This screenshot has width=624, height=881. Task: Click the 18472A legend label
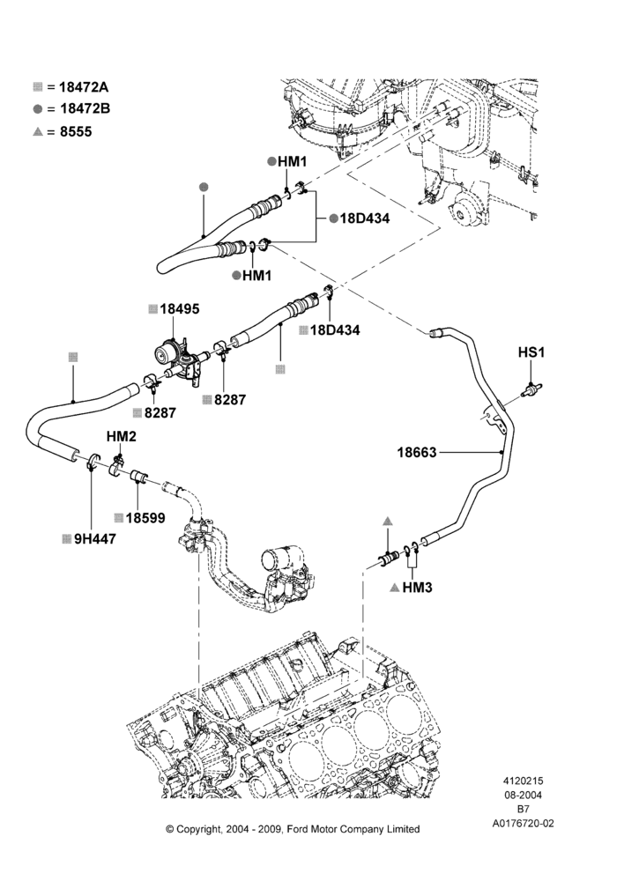[84, 86]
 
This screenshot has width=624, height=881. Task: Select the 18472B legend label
[85, 108]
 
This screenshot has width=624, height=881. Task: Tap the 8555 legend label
[76, 131]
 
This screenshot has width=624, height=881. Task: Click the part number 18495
[179, 308]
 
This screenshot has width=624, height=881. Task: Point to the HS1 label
[531, 352]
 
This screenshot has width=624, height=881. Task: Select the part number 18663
[417, 452]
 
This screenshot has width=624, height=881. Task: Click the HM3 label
[417, 588]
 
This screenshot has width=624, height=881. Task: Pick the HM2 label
[122, 436]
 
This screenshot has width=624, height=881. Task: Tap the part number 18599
[145, 517]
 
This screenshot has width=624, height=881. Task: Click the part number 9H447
[95, 539]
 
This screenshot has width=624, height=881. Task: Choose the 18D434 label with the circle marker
[364, 218]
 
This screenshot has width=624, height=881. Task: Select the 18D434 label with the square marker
[335, 329]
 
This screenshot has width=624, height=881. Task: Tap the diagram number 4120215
[523, 781]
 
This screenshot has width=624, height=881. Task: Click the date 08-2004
[523, 795]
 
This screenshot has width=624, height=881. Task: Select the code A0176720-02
[523, 824]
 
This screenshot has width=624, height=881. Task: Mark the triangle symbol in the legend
[38, 131]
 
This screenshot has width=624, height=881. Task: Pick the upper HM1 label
[293, 162]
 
